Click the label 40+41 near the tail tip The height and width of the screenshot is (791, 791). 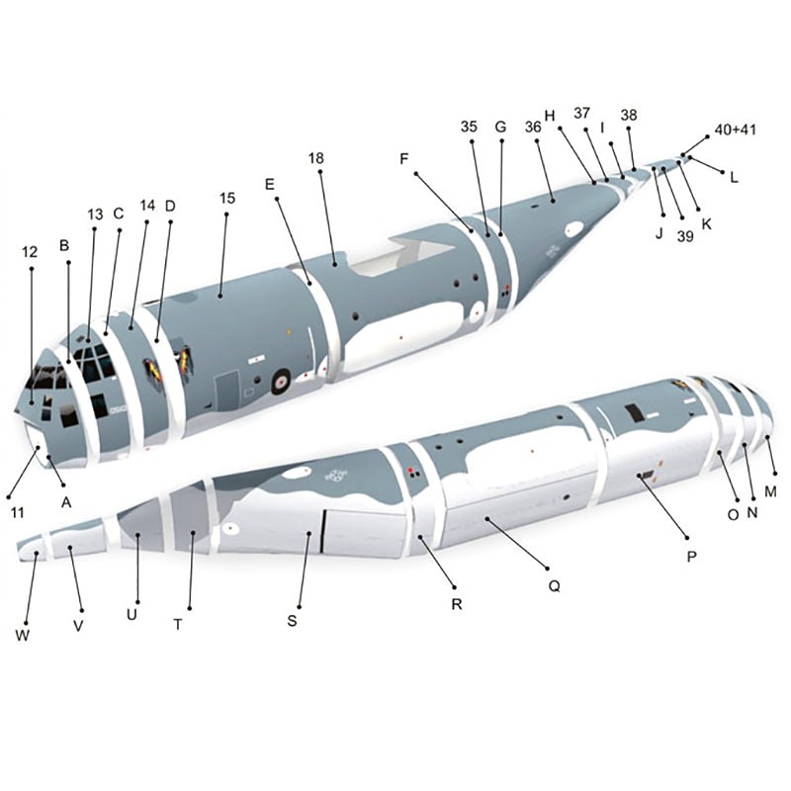tap(736, 130)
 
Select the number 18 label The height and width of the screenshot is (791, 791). tap(315, 158)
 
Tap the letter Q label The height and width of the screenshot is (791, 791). tap(554, 585)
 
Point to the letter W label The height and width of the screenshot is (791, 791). tap(22, 635)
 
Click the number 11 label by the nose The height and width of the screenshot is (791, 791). tap(17, 513)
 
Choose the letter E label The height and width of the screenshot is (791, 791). tap(270, 184)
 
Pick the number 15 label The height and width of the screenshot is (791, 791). tap(227, 198)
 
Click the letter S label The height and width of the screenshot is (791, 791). tap(292, 621)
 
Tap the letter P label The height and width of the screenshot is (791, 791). tap(691, 556)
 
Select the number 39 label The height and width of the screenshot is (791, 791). tap(685, 236)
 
